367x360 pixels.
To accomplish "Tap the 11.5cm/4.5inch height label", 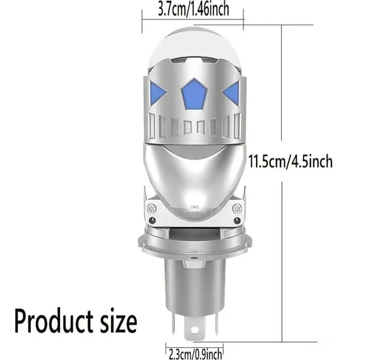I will [290, 162].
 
